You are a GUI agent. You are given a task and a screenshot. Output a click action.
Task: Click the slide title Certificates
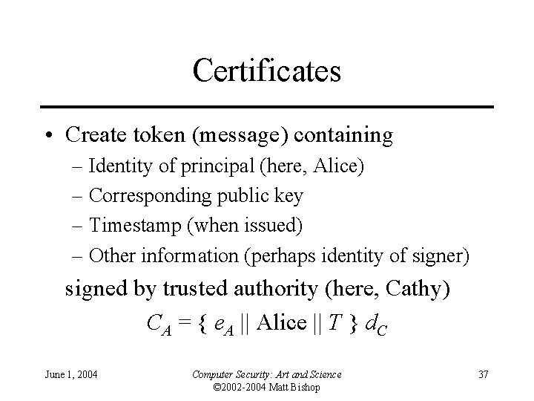pos(266,71)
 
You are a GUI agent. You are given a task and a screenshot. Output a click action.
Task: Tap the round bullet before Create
pos(47,137)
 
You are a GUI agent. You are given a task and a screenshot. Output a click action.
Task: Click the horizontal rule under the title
pos(266,107)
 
